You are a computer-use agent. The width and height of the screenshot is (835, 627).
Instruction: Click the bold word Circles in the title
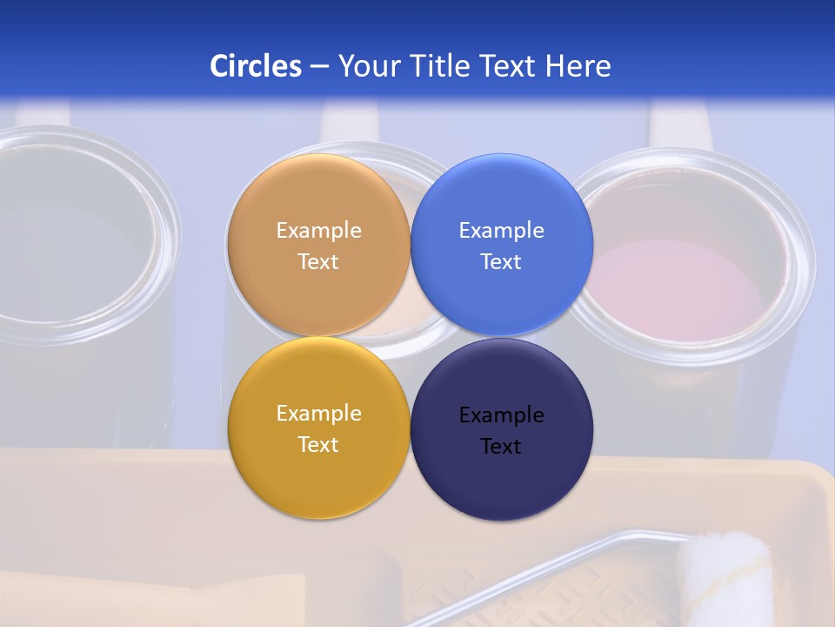click(x=256, y=66)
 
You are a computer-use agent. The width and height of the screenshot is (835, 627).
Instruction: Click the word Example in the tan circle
click(x=318, y=231)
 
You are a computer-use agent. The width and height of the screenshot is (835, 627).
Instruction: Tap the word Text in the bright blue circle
click(x=501, y=262)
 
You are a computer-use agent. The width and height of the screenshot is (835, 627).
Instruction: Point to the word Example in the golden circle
click(x=318, y=414)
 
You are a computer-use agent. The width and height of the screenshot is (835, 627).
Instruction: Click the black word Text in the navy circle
click(x=501, y=447)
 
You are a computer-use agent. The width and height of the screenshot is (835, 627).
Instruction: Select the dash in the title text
click(x=319, y=67)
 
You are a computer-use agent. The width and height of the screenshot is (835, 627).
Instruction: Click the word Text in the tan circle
click(x=318, y=262)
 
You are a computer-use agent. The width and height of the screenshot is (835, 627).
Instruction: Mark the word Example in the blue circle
click(x=501, y=231)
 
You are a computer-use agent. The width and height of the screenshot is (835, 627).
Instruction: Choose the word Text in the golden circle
click(x=318, y=445)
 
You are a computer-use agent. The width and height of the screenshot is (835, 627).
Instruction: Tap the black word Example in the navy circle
click(x=501, y=415)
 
